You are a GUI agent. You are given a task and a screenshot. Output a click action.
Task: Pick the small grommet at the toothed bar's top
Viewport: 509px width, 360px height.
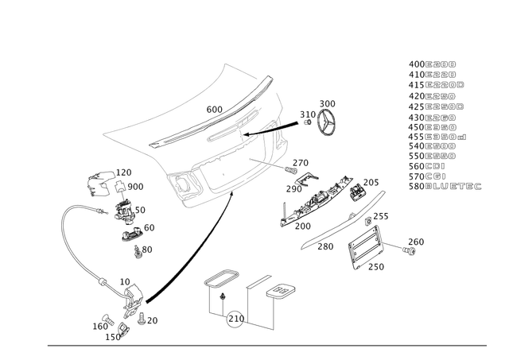(353, 181)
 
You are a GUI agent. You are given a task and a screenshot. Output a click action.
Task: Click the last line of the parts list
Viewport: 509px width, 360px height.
(445, 188)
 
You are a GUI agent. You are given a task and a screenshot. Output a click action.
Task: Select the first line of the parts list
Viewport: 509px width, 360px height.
(433, 61)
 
